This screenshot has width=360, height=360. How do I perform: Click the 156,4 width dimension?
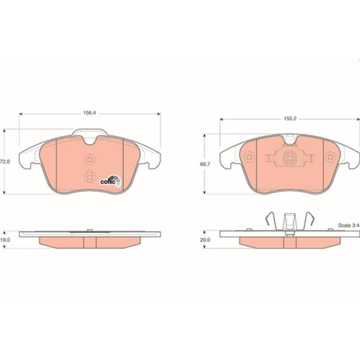coord(89,113)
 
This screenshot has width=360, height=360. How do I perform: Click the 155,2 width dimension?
coord(290,119)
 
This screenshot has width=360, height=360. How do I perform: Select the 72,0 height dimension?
coord(5,162)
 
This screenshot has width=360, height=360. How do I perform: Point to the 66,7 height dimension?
coord(205,164)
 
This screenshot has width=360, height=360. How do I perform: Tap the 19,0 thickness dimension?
coord(5,240)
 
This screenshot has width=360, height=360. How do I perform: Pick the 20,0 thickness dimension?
coord(205,240)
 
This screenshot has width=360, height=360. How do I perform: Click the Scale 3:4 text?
coord(348,225)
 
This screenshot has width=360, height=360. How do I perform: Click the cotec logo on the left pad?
coord(111,181)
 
